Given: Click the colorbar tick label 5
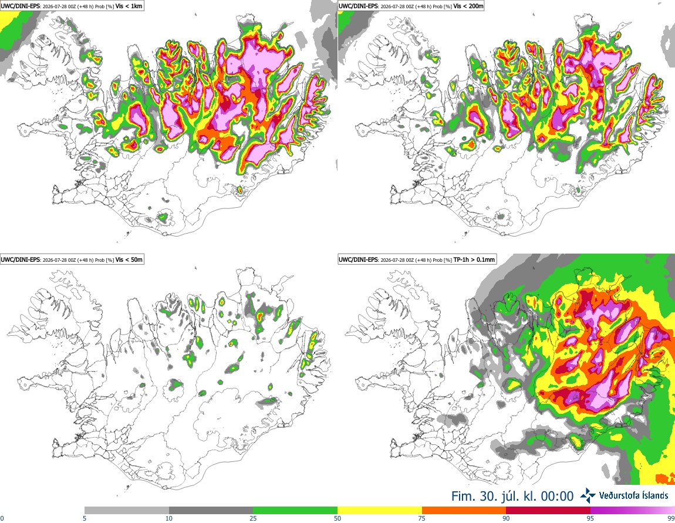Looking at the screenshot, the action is (85, 518).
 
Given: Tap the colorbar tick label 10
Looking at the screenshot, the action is (169, 518).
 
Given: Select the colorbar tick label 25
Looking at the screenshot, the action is (253, 518).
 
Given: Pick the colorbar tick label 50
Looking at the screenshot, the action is (338, 518).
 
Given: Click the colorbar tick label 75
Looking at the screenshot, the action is (422, 518).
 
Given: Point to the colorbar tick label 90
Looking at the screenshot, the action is (506, 518).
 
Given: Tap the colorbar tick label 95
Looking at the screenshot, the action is (590, 518).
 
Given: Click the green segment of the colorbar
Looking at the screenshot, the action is (295, 511).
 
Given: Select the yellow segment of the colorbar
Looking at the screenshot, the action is (380, 511).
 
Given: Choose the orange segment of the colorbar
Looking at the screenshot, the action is (464, 511).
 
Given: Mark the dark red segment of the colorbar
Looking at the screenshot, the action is (548, 511).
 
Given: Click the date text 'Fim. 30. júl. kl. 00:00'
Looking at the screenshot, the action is (512, 497).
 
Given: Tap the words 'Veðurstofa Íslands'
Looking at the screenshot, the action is (634, 495).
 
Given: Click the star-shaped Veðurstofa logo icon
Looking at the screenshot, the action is (588, 496).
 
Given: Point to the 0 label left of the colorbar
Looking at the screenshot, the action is (2, 518).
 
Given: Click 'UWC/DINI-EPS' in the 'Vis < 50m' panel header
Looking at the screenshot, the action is (20, 259).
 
